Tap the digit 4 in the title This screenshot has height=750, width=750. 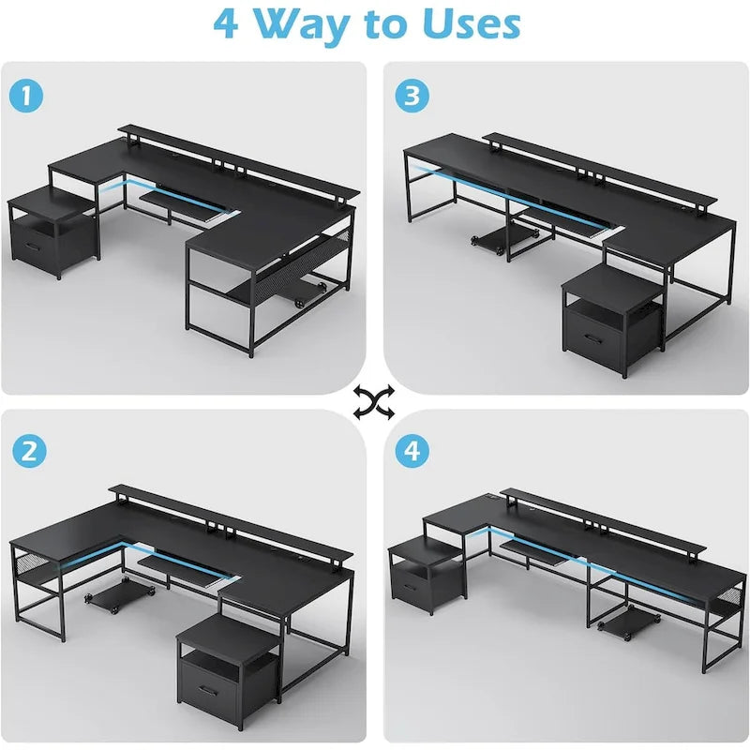pyautogui.click(x=226, y=25)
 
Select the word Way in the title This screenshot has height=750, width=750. pyautogui.click(x=308, y=25)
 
